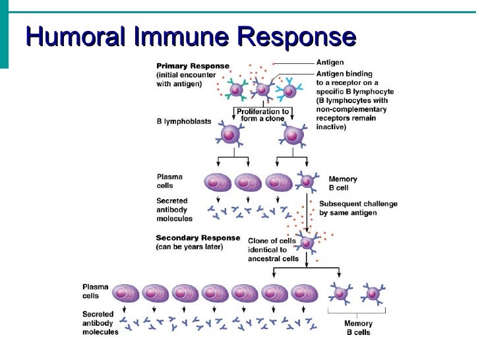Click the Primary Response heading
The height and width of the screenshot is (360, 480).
tap(193, 66)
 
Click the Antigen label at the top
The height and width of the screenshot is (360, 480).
tap(330, 63)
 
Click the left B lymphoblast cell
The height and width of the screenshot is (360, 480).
tap(229, 135)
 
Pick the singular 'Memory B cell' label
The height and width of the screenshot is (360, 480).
tap(343, 183)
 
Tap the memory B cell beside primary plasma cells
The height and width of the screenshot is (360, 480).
tap(307, 182)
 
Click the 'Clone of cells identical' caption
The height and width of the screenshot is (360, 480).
tap(272, 249)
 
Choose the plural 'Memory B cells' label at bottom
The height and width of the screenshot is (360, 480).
tap(358, 328)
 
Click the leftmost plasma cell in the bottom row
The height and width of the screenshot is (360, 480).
tap(124, 293)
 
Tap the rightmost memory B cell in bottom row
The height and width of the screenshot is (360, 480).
tap(373, 293)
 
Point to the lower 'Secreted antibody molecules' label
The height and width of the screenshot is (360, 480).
tap(100, 323)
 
